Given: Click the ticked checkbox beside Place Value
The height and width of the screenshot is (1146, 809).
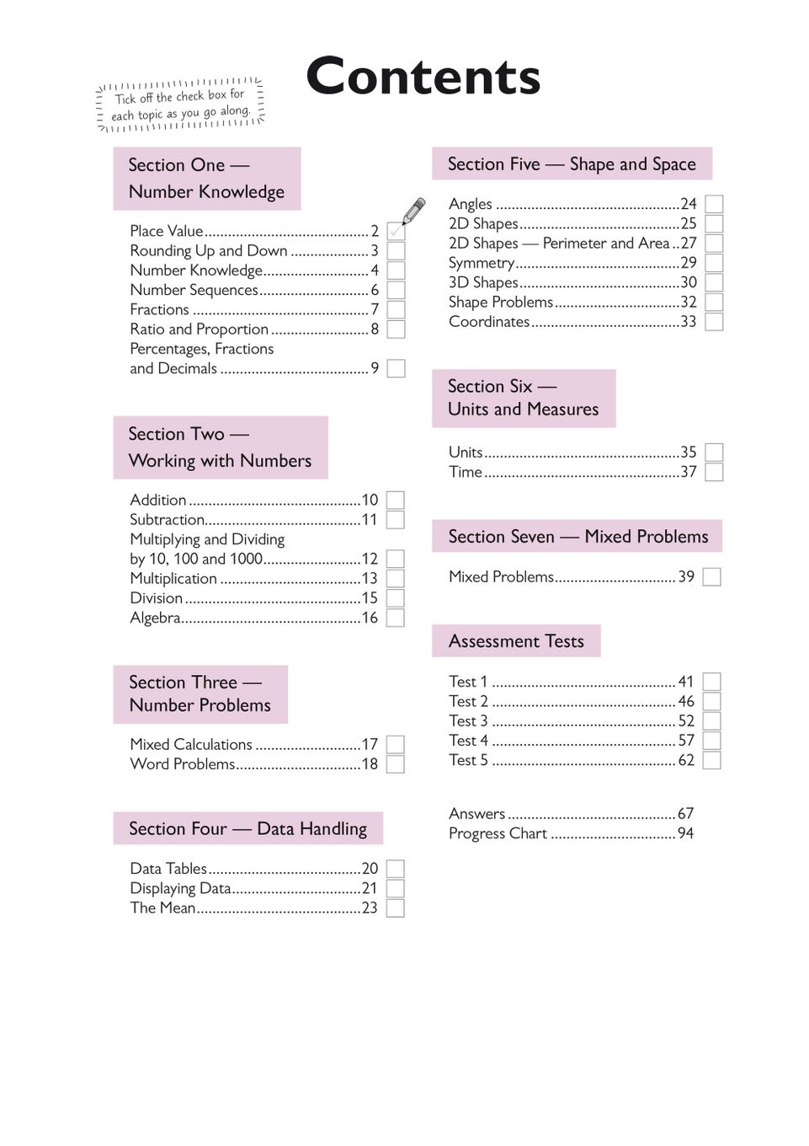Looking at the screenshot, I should tap(396, 231).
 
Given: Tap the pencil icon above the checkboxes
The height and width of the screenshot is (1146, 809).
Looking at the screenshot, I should tap(413, 211).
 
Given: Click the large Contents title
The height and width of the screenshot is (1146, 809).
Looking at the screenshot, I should tap(423, 77).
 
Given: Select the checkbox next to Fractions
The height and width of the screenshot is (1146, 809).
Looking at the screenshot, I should tap(396, 309).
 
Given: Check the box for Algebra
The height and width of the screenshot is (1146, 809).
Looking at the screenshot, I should tap(395, 618).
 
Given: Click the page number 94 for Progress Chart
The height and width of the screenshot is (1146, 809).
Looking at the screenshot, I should tap(685, 833).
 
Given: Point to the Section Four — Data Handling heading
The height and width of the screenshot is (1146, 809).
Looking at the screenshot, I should tap(247, 828).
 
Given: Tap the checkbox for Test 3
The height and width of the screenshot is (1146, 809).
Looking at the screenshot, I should tap(711, 721).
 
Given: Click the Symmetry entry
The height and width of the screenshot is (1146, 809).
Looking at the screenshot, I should tap(481, 263).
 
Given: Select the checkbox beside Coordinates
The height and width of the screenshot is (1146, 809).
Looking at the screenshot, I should tap(714, 322).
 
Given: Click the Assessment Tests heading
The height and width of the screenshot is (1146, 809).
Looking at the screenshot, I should tap(516, 641).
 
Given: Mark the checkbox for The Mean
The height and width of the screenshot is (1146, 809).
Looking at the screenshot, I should tap(395, 908).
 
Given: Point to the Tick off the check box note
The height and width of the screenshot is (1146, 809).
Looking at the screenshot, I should tap(181, 105).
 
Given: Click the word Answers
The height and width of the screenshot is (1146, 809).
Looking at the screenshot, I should tap(476, 814).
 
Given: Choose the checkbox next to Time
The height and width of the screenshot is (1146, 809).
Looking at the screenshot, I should tap(714, 472).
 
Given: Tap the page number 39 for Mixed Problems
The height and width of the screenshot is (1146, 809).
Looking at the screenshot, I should tap(686, 577).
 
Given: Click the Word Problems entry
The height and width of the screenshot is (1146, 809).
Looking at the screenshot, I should tap(183, 764).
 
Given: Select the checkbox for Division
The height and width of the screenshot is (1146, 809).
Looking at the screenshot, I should tap(395, 598).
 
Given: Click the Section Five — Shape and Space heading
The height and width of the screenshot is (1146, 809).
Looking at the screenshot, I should tap(572, 164).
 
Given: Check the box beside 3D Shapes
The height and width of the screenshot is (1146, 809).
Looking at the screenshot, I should tap(714, 282).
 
